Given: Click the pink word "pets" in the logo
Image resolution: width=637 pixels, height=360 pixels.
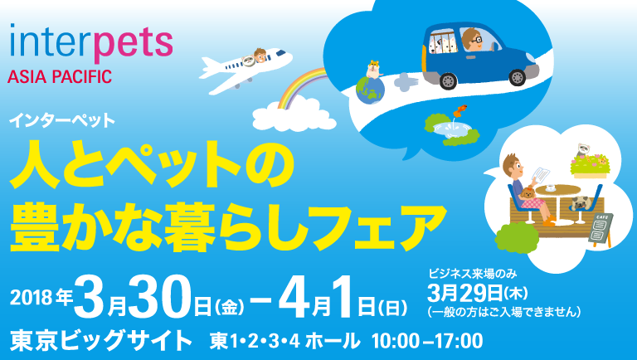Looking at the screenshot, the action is [133, 42].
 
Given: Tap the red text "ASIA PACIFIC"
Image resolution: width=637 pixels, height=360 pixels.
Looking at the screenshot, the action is [60, 76].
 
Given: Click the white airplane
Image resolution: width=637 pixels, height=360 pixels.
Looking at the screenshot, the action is [245, 68].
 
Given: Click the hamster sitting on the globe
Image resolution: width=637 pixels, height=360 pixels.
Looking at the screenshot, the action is [374, 69].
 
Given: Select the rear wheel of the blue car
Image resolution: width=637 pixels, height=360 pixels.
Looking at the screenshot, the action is [448, 80].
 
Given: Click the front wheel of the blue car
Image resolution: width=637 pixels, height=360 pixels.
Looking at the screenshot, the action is [518, 76].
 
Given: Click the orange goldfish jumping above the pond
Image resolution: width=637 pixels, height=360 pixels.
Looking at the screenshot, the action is [462, 109].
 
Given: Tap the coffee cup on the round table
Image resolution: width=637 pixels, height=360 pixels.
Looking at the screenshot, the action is [552, 187].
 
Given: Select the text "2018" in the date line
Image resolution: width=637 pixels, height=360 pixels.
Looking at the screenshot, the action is [31, 299].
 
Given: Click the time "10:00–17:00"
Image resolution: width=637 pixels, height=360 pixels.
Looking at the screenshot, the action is [427, 341].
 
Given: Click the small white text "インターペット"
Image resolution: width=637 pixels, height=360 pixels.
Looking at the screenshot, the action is [62, 120].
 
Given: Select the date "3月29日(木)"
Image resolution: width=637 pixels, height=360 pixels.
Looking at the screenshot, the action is [478, 293].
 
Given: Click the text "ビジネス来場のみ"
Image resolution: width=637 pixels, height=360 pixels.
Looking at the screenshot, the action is [473, 274].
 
